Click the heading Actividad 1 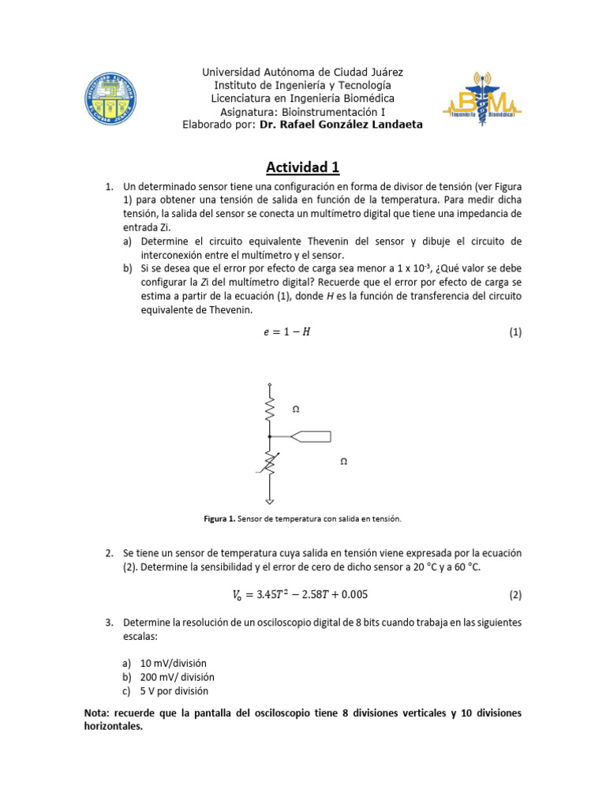pyautogui.click(x=302, y=166)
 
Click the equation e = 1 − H pyautogui.click(x=287, y=332)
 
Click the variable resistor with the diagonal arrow pyautogui.click(x=270, y=463)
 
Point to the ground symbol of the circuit pyautogui.click(x=270, y=501)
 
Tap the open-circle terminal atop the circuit pyautogui.click(x=270, y=385)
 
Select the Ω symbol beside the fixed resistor pyautogui.click(x=296, y=410)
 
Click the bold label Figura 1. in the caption pyautogui.click(x=220, y=518)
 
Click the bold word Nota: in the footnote pyautogui.click(x=99, y=713)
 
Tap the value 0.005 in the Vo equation pyautogui.click(x=353, y=594)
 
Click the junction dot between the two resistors pyautogui.click(x=270, y=436)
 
